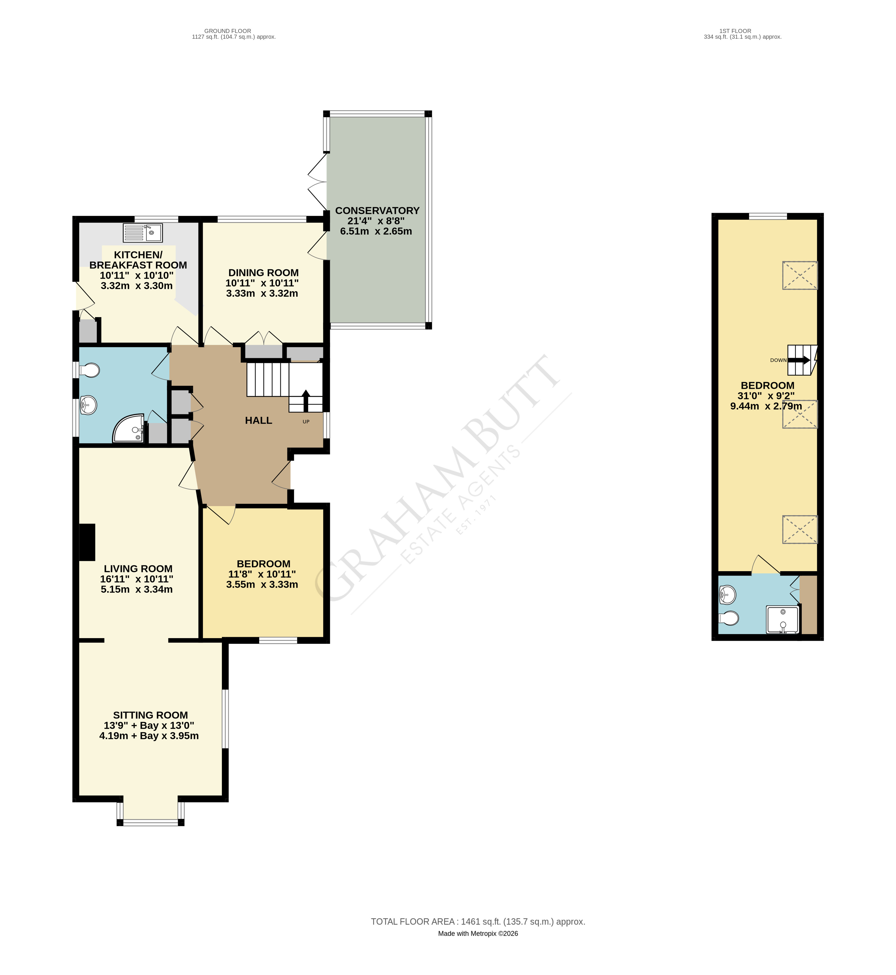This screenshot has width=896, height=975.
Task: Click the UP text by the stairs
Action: tap(306, 422)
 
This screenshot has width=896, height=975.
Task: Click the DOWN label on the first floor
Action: tap(778, 360)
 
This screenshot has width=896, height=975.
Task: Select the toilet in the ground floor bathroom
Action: tap(89, 371)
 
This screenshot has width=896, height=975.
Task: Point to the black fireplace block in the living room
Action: tap(87, 542)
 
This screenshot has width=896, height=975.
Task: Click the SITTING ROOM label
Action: tap(150, 715)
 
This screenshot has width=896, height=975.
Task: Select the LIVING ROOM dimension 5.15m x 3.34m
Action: tap(137, 589)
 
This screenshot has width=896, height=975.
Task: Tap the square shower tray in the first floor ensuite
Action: tap(782, 619)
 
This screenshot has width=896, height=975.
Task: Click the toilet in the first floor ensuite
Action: tap(729, 618)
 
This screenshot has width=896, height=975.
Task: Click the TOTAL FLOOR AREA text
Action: tap(478, 922)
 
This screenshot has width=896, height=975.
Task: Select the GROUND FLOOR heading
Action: tap(228, 31)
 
